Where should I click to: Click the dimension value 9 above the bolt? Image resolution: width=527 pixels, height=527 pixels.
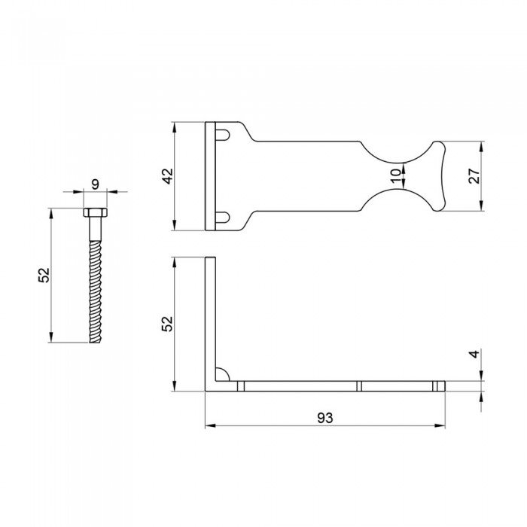(x=95, y=183)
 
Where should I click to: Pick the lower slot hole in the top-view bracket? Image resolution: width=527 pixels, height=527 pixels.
(x=223, y=218)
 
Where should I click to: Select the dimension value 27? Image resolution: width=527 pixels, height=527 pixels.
(x=474, y=176)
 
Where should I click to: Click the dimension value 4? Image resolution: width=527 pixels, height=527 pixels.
(x=474, y=353)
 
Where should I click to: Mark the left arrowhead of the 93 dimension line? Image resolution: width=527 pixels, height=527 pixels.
(x=209, y=426)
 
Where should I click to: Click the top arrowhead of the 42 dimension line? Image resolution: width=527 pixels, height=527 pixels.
(x=175, y=126)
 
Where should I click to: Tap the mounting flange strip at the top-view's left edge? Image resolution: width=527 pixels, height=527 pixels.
(x=210, y=176)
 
